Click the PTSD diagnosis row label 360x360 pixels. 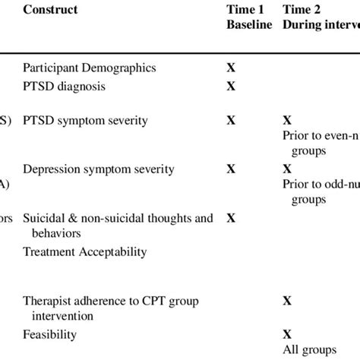point(65,87)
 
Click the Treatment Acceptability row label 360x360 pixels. point(84,251)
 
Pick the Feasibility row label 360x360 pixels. point(49,333)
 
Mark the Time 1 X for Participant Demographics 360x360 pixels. point(231,68)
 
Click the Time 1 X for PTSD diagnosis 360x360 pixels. point(231,87)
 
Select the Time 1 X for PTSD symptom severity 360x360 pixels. point(231,121)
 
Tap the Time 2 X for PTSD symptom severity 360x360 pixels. point(287,121)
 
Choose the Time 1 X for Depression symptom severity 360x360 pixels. point(231,169)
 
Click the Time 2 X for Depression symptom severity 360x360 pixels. point(287,169)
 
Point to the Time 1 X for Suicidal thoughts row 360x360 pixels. point(231,218)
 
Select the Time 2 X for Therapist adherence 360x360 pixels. point(287,300)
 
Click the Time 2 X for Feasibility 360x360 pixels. point(287,333)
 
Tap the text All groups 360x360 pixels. point(309,349)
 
